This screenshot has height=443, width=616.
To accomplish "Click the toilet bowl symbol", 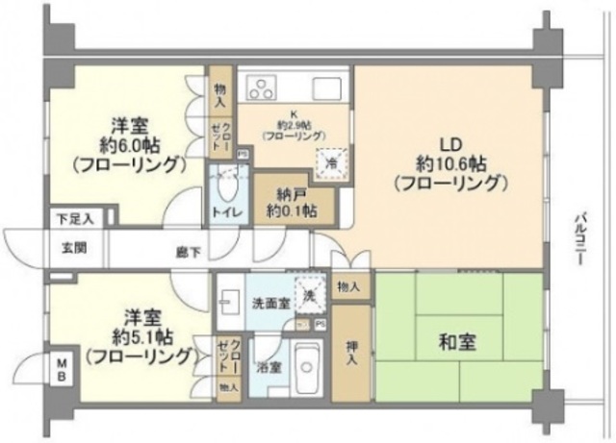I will [227, 183].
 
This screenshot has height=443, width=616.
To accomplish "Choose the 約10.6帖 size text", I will [449, 160].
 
